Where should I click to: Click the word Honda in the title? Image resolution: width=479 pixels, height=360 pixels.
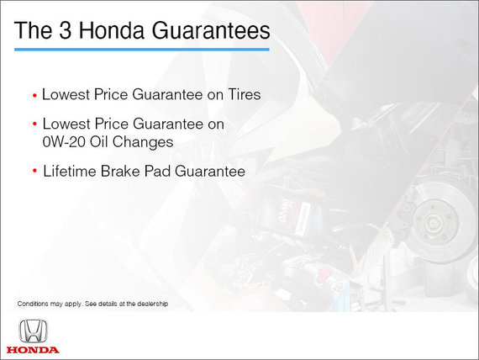pyautogui.click(x=111, y=30)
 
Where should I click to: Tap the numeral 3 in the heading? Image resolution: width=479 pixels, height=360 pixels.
pyautogui.click(x=65, y=30)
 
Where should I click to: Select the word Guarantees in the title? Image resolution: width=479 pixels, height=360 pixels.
pyautogui.click(x=211, y=30)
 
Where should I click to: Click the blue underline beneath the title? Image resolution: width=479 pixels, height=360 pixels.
pyautogui.click(x=142, y=50)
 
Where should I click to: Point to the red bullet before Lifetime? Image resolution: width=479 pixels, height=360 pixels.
pyautogui.click(x=34, y=171)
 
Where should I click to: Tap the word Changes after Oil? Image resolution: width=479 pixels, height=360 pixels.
pyautogui.click(x=143, y=142)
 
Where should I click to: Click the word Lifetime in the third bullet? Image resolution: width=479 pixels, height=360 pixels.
pyautogui.click(x=70, y=171)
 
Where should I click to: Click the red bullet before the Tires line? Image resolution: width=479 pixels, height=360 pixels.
pyautogui.click(x=34, y=96)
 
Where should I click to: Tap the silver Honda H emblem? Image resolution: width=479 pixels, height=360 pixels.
pyautogui.click(x=34, y=331)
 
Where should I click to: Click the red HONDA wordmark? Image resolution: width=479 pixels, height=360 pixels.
pyautogui.click(x=33, y=350)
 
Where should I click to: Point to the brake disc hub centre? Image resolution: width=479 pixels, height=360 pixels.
pyautogui.click(x=434, y=224)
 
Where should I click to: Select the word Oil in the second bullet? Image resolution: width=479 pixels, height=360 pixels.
pyautogui.click(x=99, y=142)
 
